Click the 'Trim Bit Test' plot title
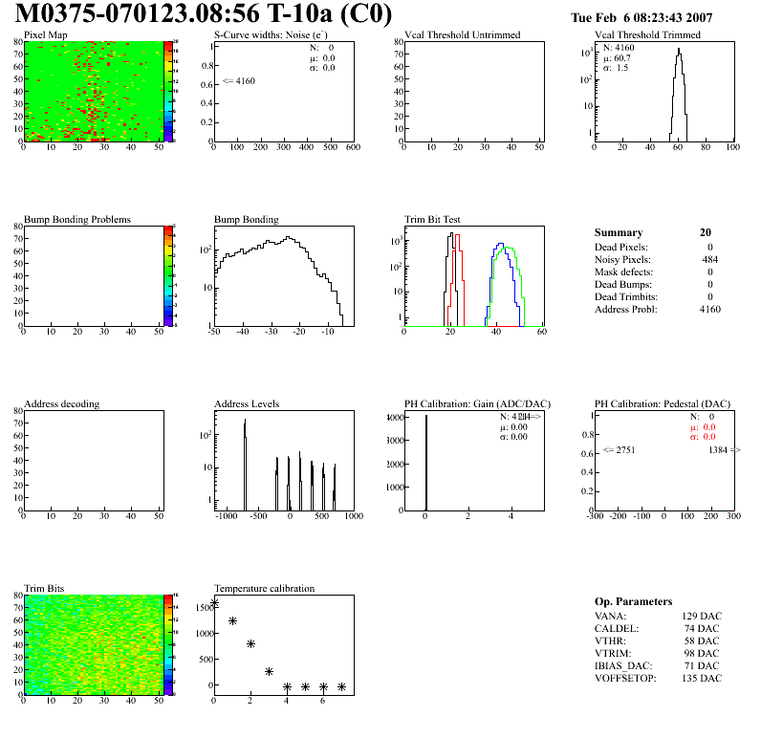point(433,220)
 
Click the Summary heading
point(618,232)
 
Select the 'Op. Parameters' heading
point(633,601)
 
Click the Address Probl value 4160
point(709,309)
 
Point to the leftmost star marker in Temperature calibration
point(215,602)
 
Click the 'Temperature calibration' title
point(264,589)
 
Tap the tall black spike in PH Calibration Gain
point(426,459)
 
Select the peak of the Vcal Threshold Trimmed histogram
point(678,54)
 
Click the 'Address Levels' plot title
point(247,404)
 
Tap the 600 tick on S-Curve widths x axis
point(352,148)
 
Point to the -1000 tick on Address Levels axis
point(227,516)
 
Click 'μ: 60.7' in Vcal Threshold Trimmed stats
point(616,57)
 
